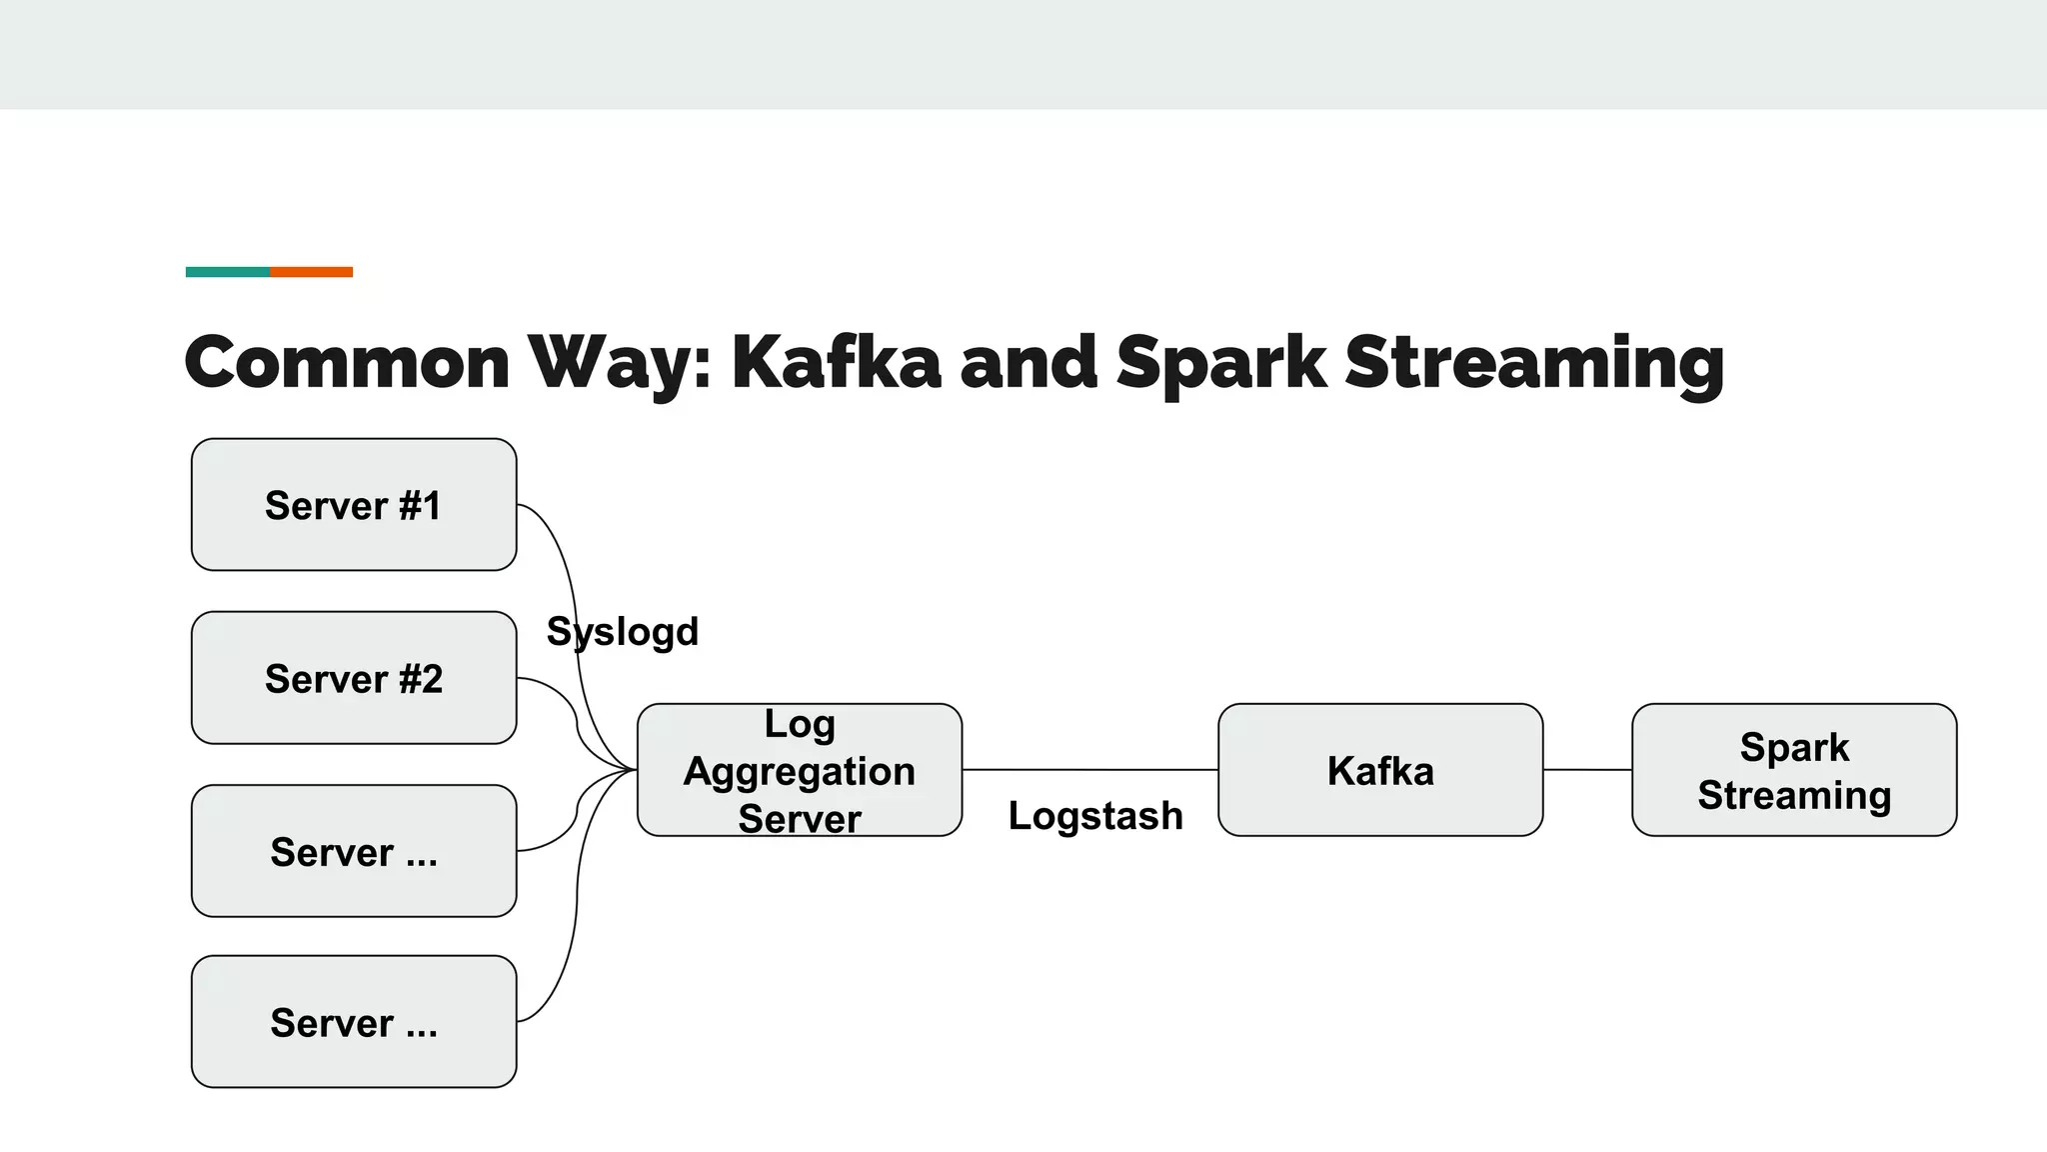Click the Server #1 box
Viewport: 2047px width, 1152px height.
(x=354, y=505)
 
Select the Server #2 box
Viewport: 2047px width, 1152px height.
(x=354, y=678)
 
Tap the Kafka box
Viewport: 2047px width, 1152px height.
(x=1380, y=770)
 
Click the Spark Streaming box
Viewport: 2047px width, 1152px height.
(x=1794, y=770)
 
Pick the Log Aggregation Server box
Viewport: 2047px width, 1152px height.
(x=800, y=770)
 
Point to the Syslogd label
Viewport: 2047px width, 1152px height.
(x=623, y=632)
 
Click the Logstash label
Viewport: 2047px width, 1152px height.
(x=1095, y=816)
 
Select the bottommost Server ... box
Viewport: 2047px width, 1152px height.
(x=354, y=1022)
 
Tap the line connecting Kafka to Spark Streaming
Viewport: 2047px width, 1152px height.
(x=1587, y=770)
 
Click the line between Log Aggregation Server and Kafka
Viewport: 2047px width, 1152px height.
(x=1089, y=770)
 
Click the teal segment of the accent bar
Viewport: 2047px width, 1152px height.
(x=227, y=272)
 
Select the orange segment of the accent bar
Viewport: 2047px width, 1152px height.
(x=311, y=272)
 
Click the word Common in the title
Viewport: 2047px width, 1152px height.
(x=347, y=362)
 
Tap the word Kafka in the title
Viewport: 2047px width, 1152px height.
(x=836, y=362)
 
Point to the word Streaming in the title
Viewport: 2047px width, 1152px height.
(x=1534, y=362)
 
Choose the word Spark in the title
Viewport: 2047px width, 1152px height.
(x=1220, y=362)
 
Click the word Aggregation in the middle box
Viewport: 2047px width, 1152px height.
(x=800, y=771)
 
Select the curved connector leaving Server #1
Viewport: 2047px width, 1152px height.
(x=560, y=560)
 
